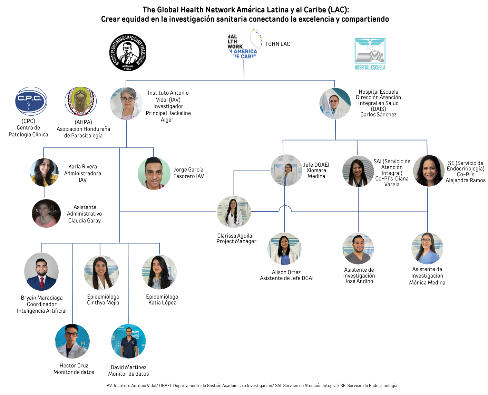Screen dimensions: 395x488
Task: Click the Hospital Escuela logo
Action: [x=370, y=54]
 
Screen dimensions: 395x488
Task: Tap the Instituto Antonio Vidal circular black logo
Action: [x=128, y=52]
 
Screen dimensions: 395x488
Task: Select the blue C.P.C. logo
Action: [x=31, y=101]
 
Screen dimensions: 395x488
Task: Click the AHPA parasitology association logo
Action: [x=81, y=101]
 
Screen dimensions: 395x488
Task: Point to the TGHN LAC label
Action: [x=277, y=44]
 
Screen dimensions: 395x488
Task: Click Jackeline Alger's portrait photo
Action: [x=126, y=103]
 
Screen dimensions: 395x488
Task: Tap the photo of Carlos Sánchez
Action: [x=335, y=103]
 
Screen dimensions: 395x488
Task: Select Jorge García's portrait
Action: [x=154, y=173]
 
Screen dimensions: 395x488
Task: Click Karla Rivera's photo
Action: [x=44, y=172]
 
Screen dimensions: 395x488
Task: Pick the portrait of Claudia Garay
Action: [x=46, y=213]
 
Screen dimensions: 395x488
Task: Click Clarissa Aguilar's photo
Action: [x=234, y=212]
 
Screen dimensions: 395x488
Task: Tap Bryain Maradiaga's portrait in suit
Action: [x=41, y=271]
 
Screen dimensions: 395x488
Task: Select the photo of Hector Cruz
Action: [x=72, y=341]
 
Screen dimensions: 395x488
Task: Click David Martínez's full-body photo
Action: [x=128, y=341]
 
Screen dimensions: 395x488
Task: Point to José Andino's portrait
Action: [x=358, y=249]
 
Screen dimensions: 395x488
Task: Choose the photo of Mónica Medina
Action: [x=427, y=248]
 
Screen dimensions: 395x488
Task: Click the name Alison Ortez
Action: [x=286, y=272]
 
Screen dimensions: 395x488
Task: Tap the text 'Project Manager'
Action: [x=236, y=241]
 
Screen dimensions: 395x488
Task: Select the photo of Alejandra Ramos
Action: [x=428, y=171]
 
